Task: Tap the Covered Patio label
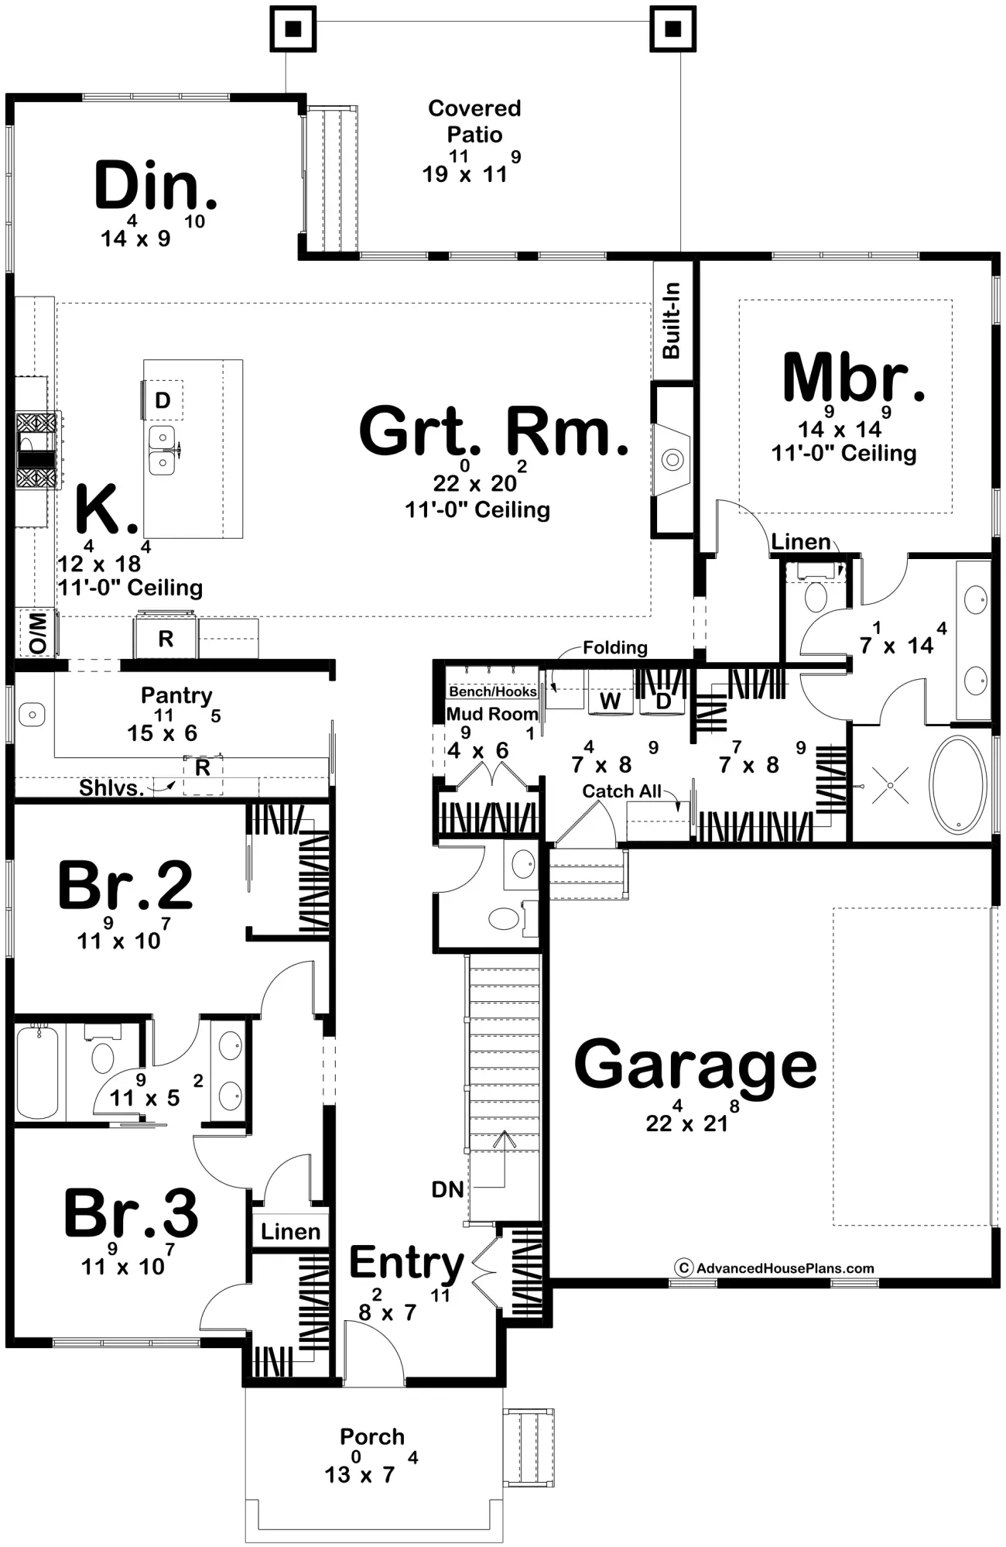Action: (474, 121)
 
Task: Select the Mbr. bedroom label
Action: (854, 377)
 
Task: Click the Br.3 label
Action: (131, 1213)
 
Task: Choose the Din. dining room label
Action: (156, 185)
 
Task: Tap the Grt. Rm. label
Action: (494, 430)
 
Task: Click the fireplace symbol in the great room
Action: (672, 459)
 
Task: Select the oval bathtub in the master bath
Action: (958, 785)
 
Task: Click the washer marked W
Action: (610, 701)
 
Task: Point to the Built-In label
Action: (671, 321)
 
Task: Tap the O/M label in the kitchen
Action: (37, 633)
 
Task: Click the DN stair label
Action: (447, 1189)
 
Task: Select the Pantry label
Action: (176, 695)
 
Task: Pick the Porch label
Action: (372, 1437)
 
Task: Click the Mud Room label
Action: (492, 714)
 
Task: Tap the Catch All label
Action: (621, 791)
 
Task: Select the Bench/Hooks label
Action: (493, 691)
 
